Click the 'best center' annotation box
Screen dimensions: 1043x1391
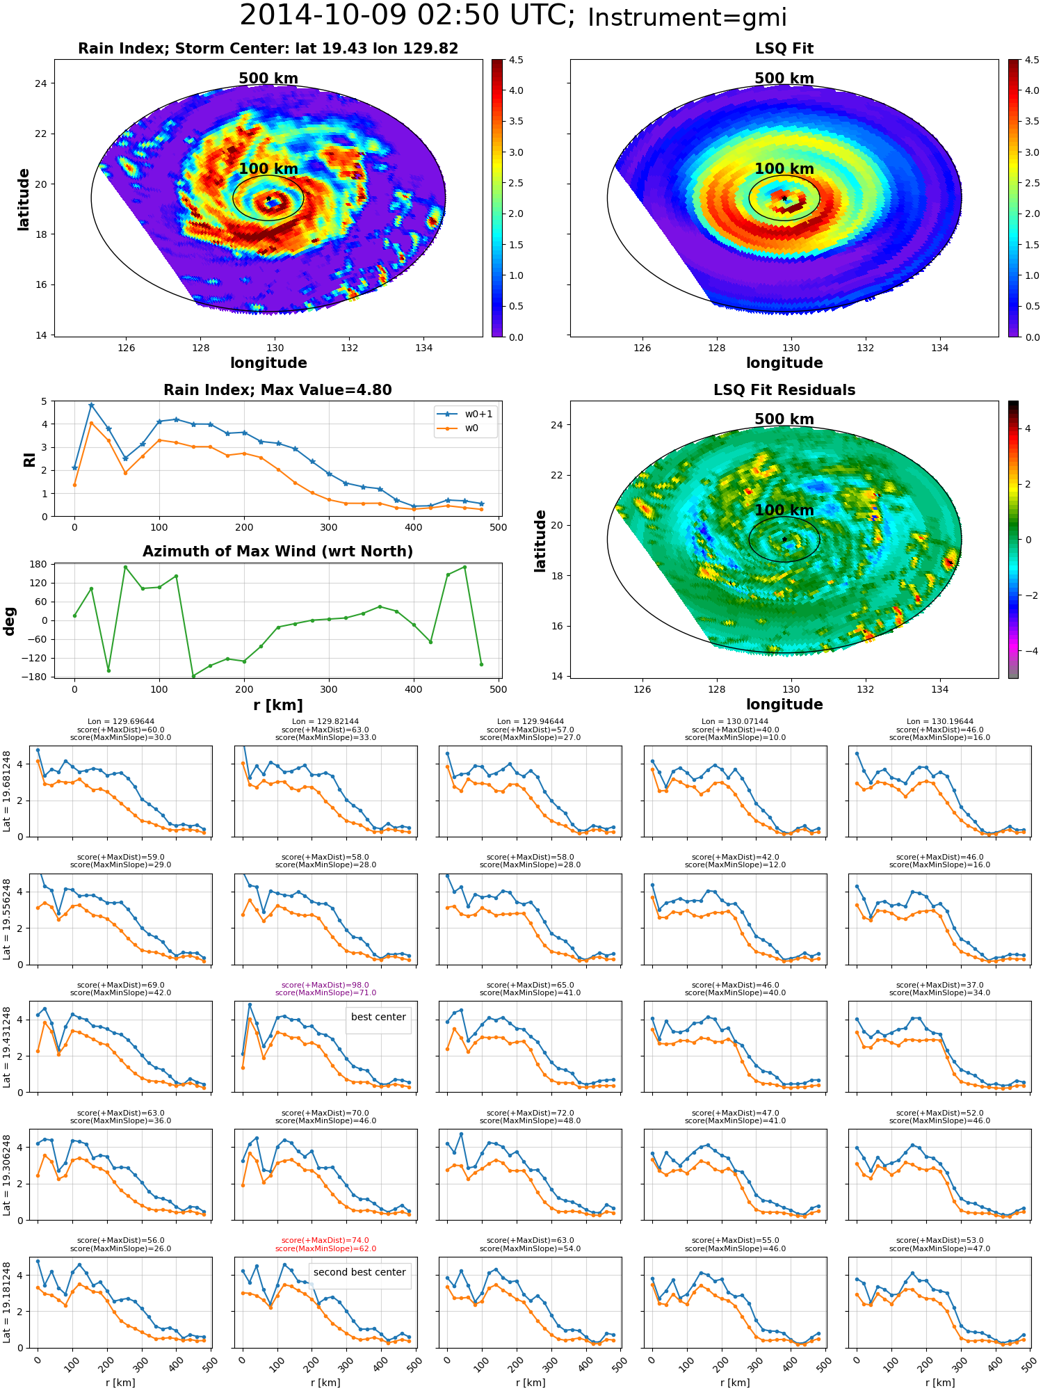coord(378,1017)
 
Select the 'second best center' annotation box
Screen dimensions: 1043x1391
coord(359,1272)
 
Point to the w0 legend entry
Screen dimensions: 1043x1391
coord(465,428)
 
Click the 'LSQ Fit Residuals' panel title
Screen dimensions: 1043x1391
coord(784,390)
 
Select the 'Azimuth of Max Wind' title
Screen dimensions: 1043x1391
coord(277,552)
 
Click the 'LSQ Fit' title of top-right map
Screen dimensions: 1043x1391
coord(784,49)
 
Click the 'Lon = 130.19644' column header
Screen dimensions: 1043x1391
coord(939,722)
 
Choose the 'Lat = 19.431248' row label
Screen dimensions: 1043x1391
coord(7,1047)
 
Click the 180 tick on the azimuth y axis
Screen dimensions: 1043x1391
coord(39,564)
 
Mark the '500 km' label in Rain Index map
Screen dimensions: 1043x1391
coord(268,79)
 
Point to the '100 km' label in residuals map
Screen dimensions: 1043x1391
coord(784,510)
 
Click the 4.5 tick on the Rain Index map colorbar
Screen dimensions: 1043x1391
coord(515,60)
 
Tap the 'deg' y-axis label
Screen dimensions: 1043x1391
coord(10,621)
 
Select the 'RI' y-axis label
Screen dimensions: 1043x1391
coord(30,460)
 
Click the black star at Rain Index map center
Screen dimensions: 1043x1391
coord(268,199)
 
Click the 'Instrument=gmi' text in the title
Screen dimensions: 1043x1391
coord(687,18)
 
